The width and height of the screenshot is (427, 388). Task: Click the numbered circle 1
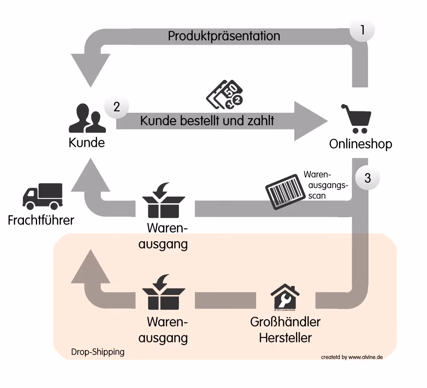363,30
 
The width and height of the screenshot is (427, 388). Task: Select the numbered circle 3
368,178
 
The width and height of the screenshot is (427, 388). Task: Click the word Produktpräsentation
224,36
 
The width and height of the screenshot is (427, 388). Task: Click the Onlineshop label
360,144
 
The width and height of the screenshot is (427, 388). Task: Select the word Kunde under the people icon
87,142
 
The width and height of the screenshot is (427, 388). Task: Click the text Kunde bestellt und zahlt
207,121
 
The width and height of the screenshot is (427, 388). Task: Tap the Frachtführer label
41,220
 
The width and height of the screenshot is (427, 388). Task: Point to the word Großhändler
285,321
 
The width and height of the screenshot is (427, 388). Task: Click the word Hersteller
285,338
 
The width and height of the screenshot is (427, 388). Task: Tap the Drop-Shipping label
97,352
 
